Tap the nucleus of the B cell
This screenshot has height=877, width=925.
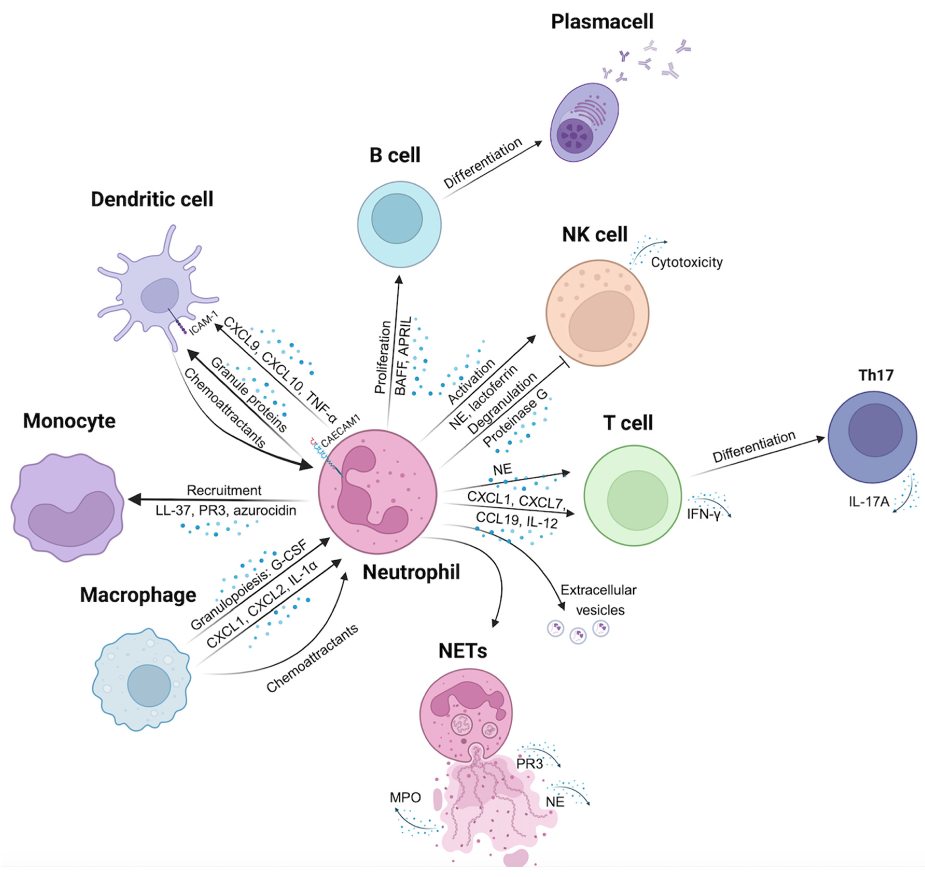397,219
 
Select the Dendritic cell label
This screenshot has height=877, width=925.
152,200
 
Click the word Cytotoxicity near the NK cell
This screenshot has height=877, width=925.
686,263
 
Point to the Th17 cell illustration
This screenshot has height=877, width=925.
872,437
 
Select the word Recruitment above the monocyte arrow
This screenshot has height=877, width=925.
224,490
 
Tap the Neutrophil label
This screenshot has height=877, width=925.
411,572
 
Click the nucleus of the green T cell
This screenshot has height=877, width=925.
637,500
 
